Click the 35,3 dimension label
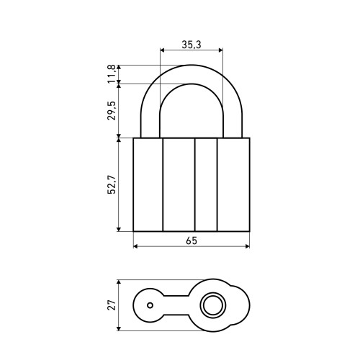click(x=192, y=45)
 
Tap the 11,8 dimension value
click(x=112, y=74)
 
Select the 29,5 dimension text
click(x=112, y=111)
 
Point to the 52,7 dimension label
click(x=112, y=184)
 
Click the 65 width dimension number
click(x=192, y=240)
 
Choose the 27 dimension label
click(x=112, y=305)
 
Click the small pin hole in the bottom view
click(x=150, y=305)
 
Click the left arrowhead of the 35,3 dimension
click(x=162, y=50)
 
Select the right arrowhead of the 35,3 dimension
click(x=221, y=50)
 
